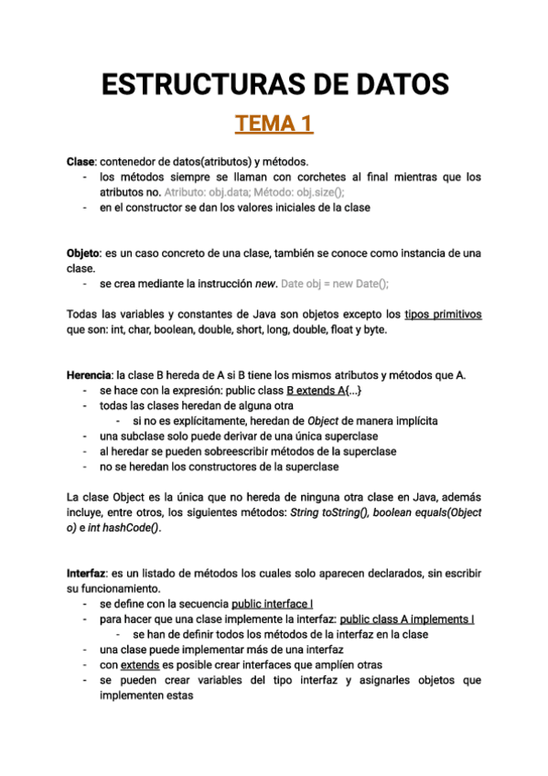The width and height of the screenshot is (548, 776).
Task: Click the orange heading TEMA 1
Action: [x=274, y=123]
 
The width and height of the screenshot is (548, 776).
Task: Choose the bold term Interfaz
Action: [x=87, y=573]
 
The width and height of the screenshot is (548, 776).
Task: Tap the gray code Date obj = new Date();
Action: [x=336, y=284]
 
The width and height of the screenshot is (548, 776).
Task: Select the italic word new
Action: [x=265, y=284]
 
